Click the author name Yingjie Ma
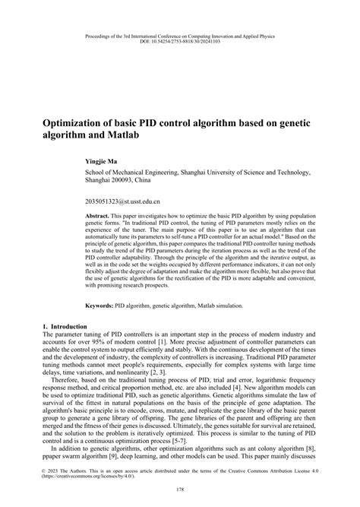[102, 162]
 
